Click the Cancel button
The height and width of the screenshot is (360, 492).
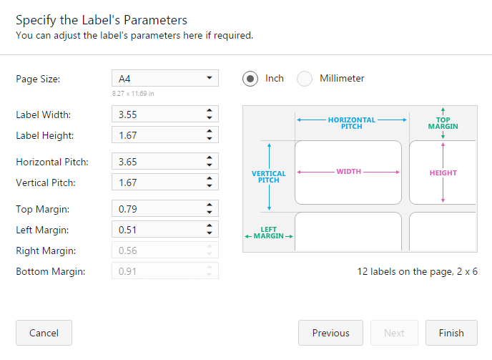44,333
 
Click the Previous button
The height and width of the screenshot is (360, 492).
330,333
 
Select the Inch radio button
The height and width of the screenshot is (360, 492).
250,79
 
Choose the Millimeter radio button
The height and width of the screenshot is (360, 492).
305,79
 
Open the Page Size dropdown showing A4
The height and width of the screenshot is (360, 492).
164,78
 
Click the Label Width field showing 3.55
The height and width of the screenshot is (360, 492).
156,115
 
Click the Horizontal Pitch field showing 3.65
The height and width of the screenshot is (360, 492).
156,162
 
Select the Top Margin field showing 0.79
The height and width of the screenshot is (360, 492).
156,209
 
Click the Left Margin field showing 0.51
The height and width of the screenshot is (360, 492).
156,230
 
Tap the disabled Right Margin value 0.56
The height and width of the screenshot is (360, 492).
156,250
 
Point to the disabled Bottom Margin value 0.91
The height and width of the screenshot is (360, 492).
156,271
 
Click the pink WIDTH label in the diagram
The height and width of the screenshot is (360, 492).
348,172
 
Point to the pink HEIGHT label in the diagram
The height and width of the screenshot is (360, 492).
443,172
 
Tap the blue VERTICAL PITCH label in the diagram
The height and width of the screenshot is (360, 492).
269,177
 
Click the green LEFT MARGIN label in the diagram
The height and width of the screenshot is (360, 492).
269,233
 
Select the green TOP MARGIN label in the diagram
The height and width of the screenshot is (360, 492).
443,123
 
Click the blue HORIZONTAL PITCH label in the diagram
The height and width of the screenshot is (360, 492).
351,123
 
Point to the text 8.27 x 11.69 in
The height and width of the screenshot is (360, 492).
133,94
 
